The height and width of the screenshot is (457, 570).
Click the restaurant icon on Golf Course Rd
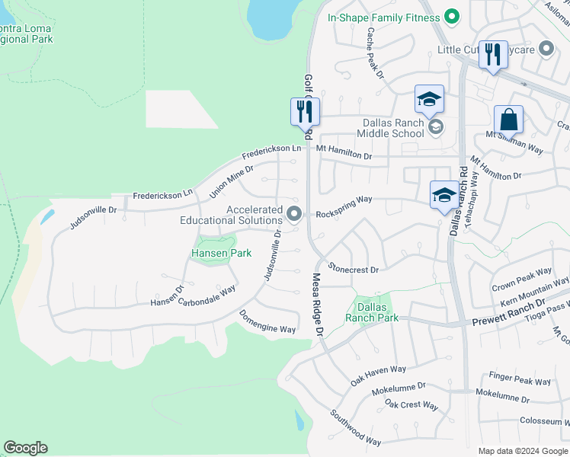(x=305, y=111)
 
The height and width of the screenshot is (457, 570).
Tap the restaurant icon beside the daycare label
(x=493, y=54)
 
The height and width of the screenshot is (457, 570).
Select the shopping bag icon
(x=508, y=120)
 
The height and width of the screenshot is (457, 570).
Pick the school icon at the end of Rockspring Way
(x=444, y=195)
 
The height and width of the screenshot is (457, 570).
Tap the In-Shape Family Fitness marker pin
(x=452, y=16)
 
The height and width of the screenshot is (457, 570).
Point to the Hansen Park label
(x=220, y=253)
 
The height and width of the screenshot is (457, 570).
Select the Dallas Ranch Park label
(x=372, y=312)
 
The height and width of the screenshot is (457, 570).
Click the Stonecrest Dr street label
(x=354, y=268)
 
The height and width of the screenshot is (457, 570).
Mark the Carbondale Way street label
(x=207, y=296)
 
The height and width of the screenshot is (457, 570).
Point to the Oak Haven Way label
(x=378, y=372)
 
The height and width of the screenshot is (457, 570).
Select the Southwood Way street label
(x=355, y=427)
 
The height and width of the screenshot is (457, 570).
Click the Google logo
(x=25, y=448)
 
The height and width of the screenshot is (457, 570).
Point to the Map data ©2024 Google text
(x=522, y=451)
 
